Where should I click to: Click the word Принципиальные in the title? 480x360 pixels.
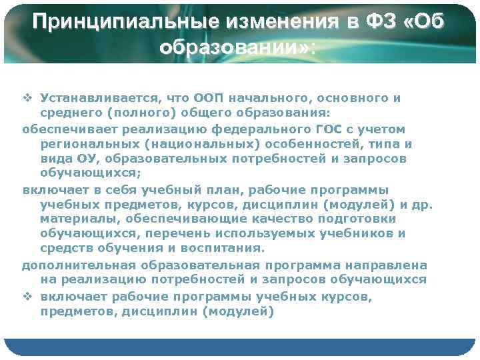[x=112, y=22]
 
